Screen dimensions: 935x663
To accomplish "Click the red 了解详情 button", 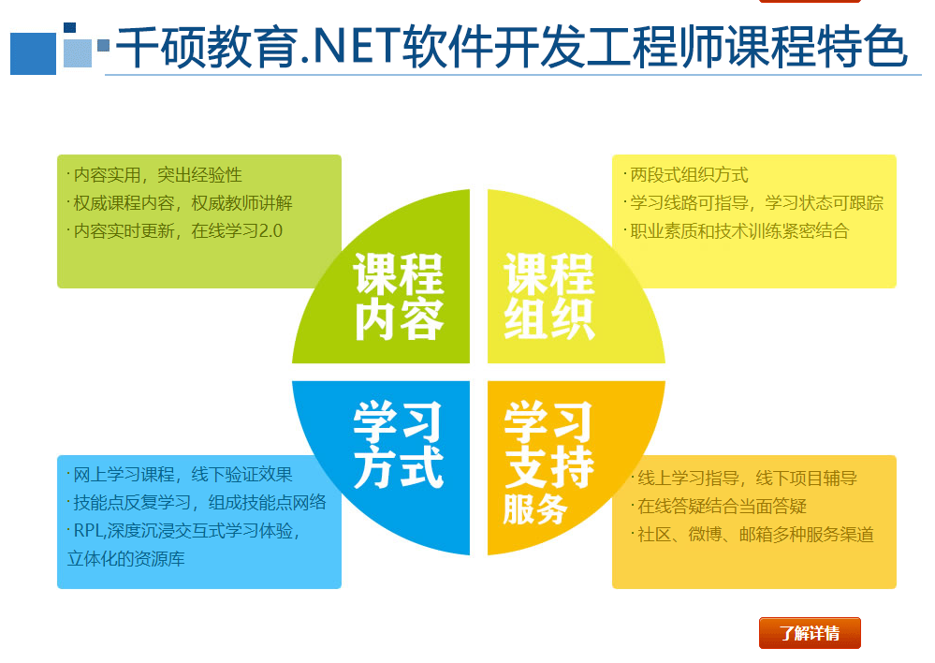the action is (x=810, y=632).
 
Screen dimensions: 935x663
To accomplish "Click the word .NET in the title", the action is (x=349, y=46).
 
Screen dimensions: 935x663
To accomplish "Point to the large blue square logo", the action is (x=33, y=53).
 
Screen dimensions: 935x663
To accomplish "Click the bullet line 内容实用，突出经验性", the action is (x=154, y=175).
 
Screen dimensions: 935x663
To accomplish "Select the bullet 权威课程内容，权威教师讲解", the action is (x=180, y=203).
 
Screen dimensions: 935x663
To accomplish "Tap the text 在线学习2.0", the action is (x=237, y=231).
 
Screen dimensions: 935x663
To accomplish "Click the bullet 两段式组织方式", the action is (x=686, y=175).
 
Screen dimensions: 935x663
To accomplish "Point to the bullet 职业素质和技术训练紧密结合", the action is (x=737, y=231).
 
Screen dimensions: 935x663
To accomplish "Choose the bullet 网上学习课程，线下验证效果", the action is (x=180, y=475).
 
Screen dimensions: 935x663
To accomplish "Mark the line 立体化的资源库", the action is (x=125, y=558).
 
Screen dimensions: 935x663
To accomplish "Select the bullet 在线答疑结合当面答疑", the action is (x=719, y=506).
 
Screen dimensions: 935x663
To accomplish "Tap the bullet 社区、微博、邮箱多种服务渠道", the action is (x=752, y=534).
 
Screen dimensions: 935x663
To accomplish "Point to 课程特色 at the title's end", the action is (x=817, y=46).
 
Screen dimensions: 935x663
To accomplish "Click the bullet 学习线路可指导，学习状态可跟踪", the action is (x=753, y=203).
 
